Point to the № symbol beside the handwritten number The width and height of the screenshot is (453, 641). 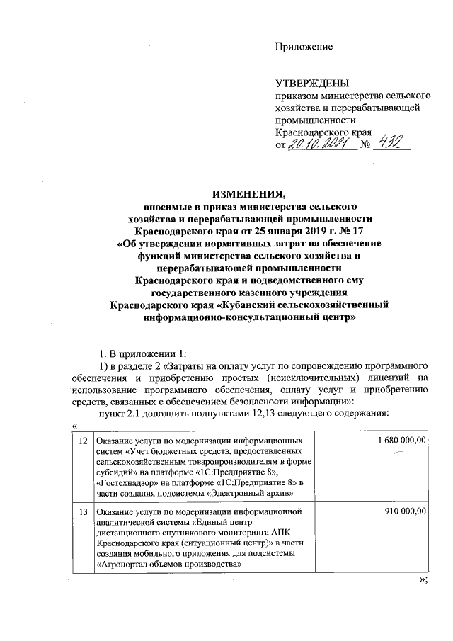click(366, 145)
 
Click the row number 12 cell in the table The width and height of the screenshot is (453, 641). click(84, 441)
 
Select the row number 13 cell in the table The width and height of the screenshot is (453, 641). click(84, 510)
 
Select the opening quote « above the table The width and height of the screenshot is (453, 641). click(74, 424)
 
